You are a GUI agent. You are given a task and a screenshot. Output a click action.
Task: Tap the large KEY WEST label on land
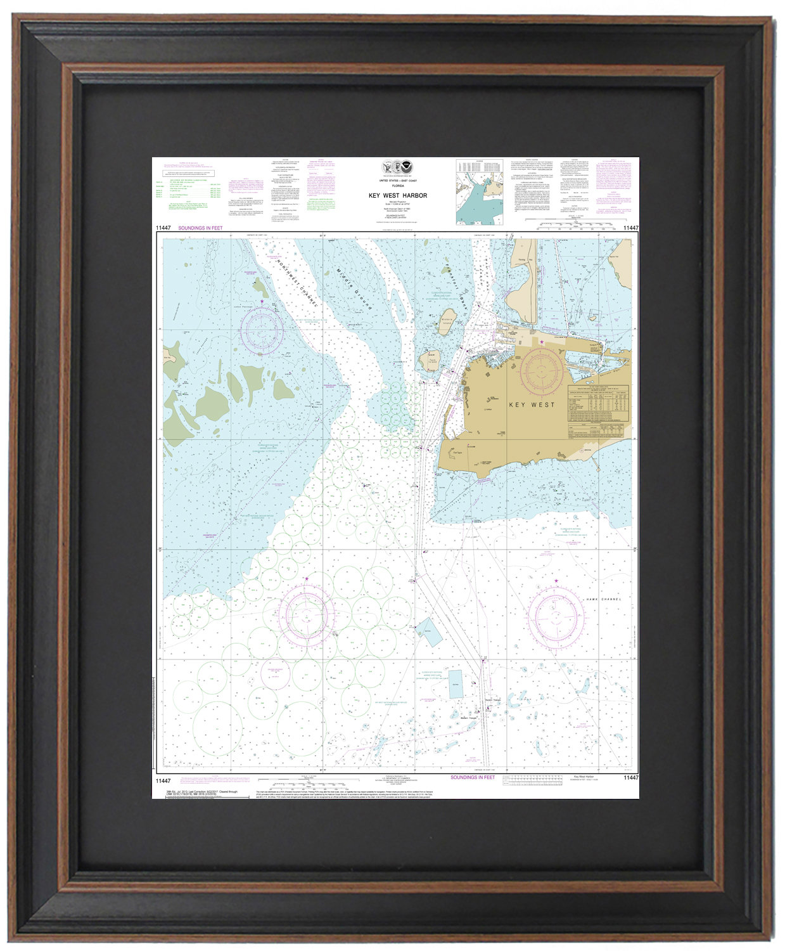tap(531, 404)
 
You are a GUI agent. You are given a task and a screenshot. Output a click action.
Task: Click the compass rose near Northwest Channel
tap(260, 331)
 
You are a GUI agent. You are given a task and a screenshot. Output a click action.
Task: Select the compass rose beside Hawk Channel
tap(556, 616)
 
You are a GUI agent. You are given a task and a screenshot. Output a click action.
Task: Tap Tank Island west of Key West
tap(432, 358)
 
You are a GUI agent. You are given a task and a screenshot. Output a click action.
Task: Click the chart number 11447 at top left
tap(163, 228)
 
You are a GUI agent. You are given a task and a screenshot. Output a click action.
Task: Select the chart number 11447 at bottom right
tap(630, 778)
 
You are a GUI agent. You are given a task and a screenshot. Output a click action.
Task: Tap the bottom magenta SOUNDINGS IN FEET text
tap(472, 777)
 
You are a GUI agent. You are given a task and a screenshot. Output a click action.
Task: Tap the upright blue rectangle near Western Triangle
tap(456, 684)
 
